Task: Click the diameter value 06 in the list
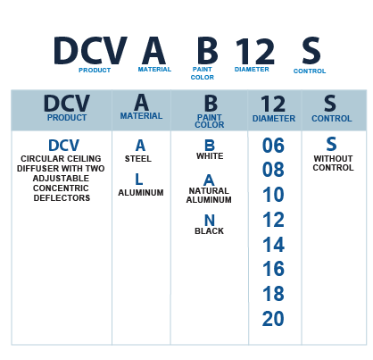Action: point(273,146)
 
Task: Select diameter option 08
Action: point(273,170)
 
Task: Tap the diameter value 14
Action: point(273,245)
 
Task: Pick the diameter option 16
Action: point(273,269)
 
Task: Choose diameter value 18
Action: point(273,294)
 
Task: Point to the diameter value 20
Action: point(273,319)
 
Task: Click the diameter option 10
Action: point(273,195)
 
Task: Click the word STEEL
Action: point(138,159)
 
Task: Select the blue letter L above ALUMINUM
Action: point(138,180)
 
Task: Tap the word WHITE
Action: point(210,156)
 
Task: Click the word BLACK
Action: point(209,231)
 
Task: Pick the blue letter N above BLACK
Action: point(210,221)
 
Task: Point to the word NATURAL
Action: point(209,191)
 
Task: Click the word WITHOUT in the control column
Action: point(333,159)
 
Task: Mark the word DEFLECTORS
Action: point(62,198)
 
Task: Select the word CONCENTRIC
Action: point(61,188)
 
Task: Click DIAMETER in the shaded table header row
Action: point(274,119)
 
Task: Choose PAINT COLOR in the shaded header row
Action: point(210,121)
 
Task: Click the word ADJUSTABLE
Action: point(61,179)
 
